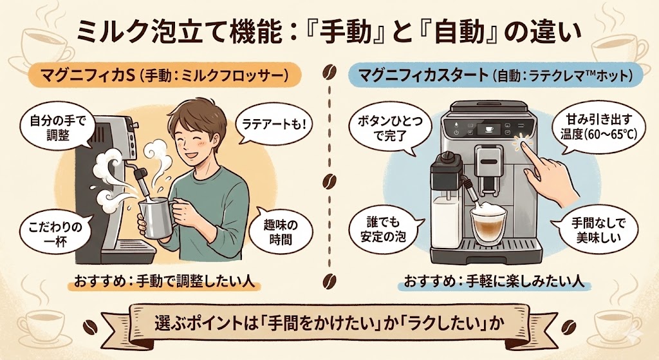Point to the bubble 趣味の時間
pos(279,232)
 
